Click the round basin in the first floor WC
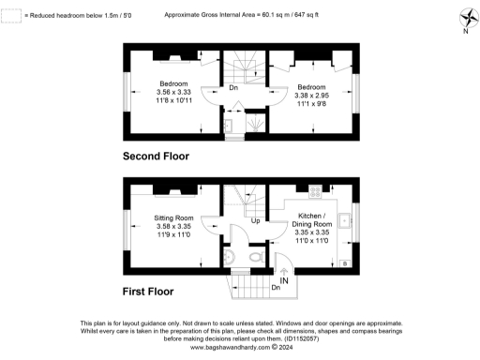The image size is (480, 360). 231,255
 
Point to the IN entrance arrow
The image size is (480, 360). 283,279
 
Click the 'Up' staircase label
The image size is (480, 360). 255,221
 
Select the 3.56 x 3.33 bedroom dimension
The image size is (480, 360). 173,92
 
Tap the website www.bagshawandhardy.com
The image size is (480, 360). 231,347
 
